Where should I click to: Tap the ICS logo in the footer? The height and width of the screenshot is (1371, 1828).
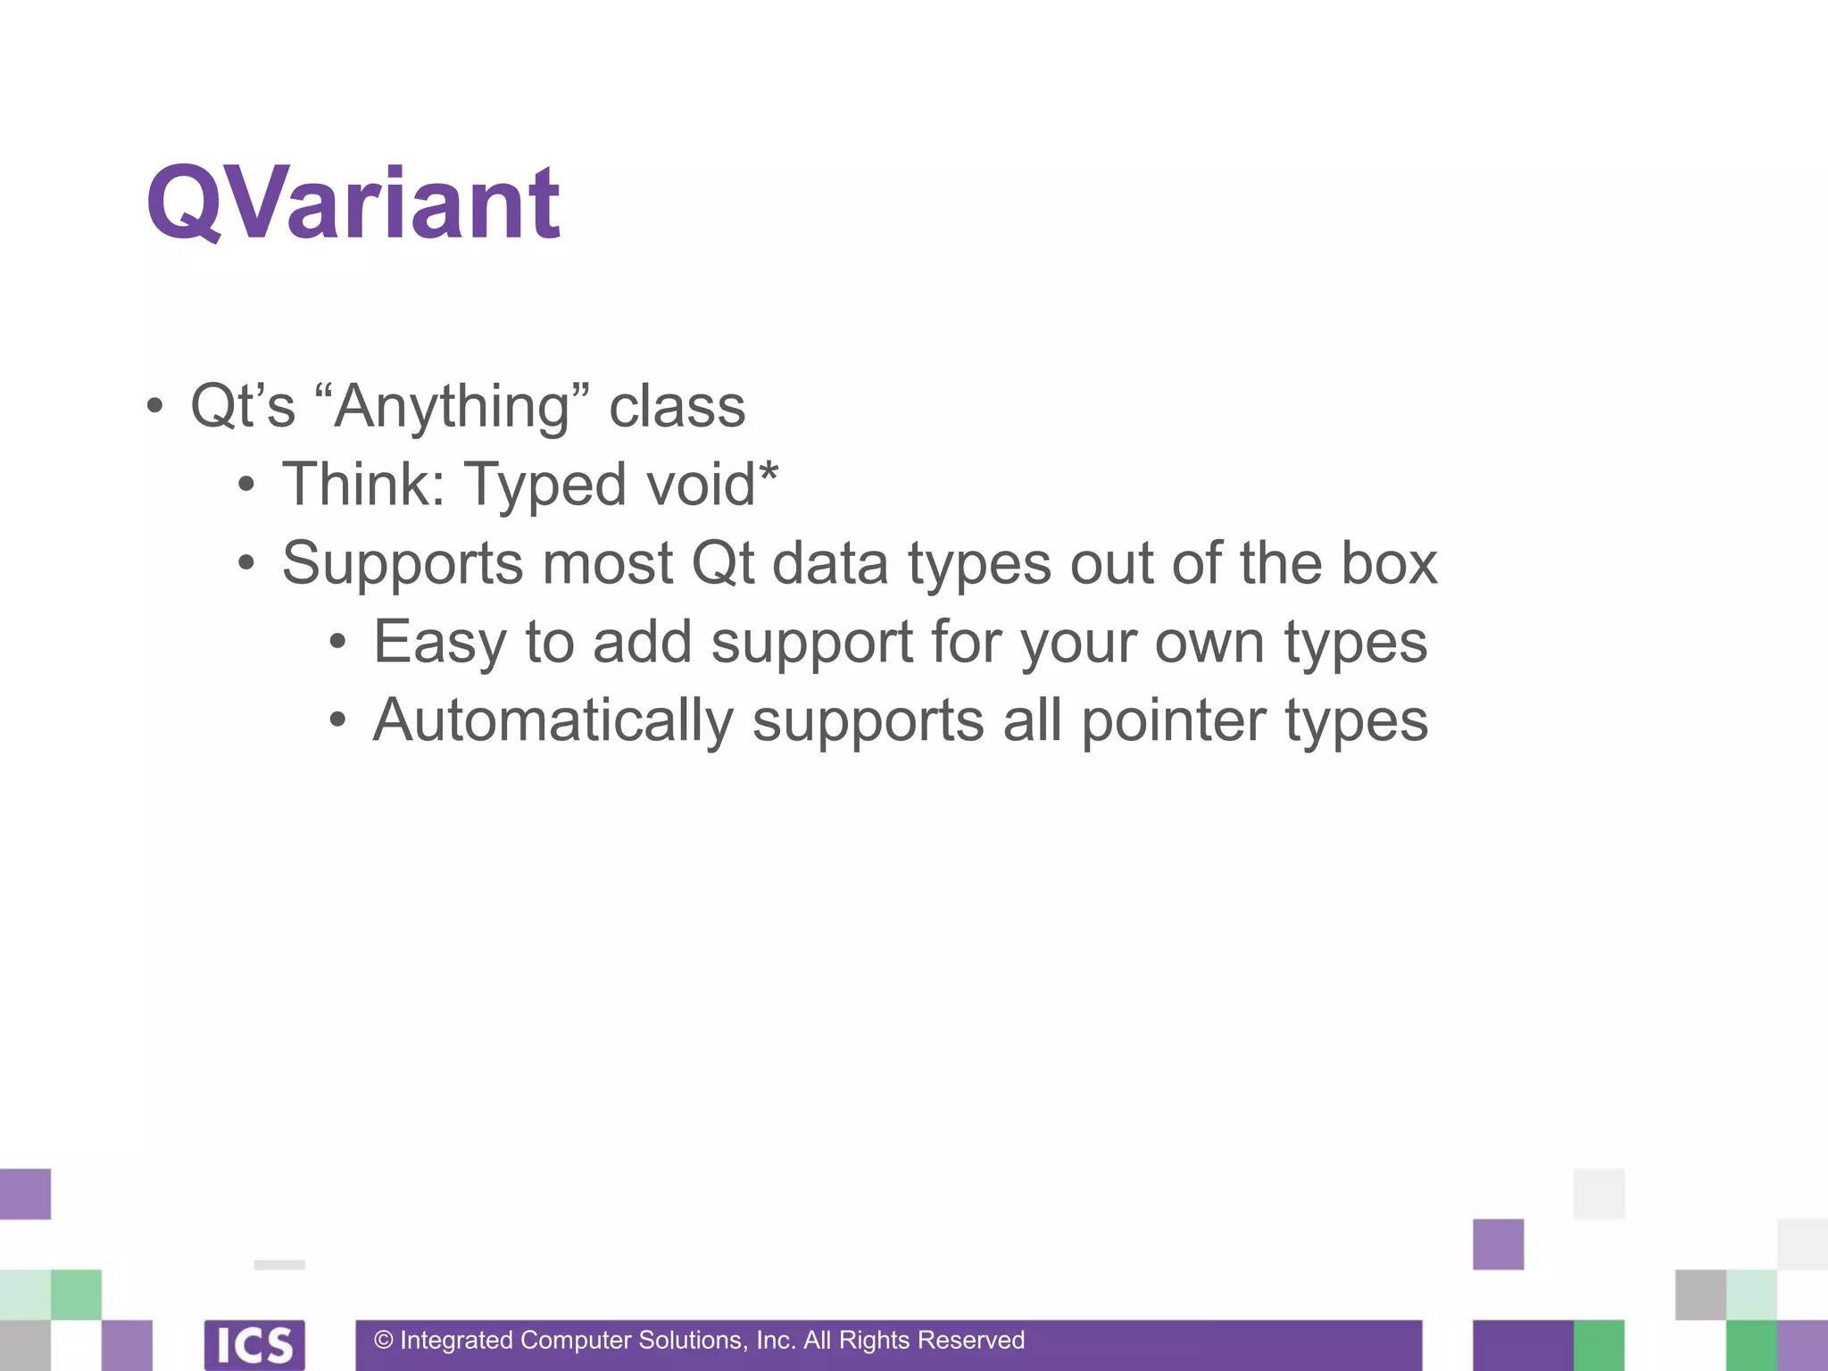[x=254, y=1344]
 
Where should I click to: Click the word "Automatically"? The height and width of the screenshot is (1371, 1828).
[x=553, y=721]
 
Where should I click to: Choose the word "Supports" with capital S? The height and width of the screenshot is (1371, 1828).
[x=403, y=565]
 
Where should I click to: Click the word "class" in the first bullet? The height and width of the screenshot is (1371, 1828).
[x=677, y=406]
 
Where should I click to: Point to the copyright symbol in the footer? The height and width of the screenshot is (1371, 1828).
[x=384, y=1341]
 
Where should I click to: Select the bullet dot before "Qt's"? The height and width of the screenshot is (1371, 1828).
[x=154, y=407]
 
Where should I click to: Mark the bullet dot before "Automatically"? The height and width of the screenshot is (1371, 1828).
[x=337, y=721]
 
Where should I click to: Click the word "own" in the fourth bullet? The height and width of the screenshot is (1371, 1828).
[x=1209, y=643]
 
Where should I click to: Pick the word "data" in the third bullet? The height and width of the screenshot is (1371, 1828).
[x=829, y=563]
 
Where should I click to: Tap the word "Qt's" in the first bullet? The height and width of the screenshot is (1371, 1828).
[x=243, y=406]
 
